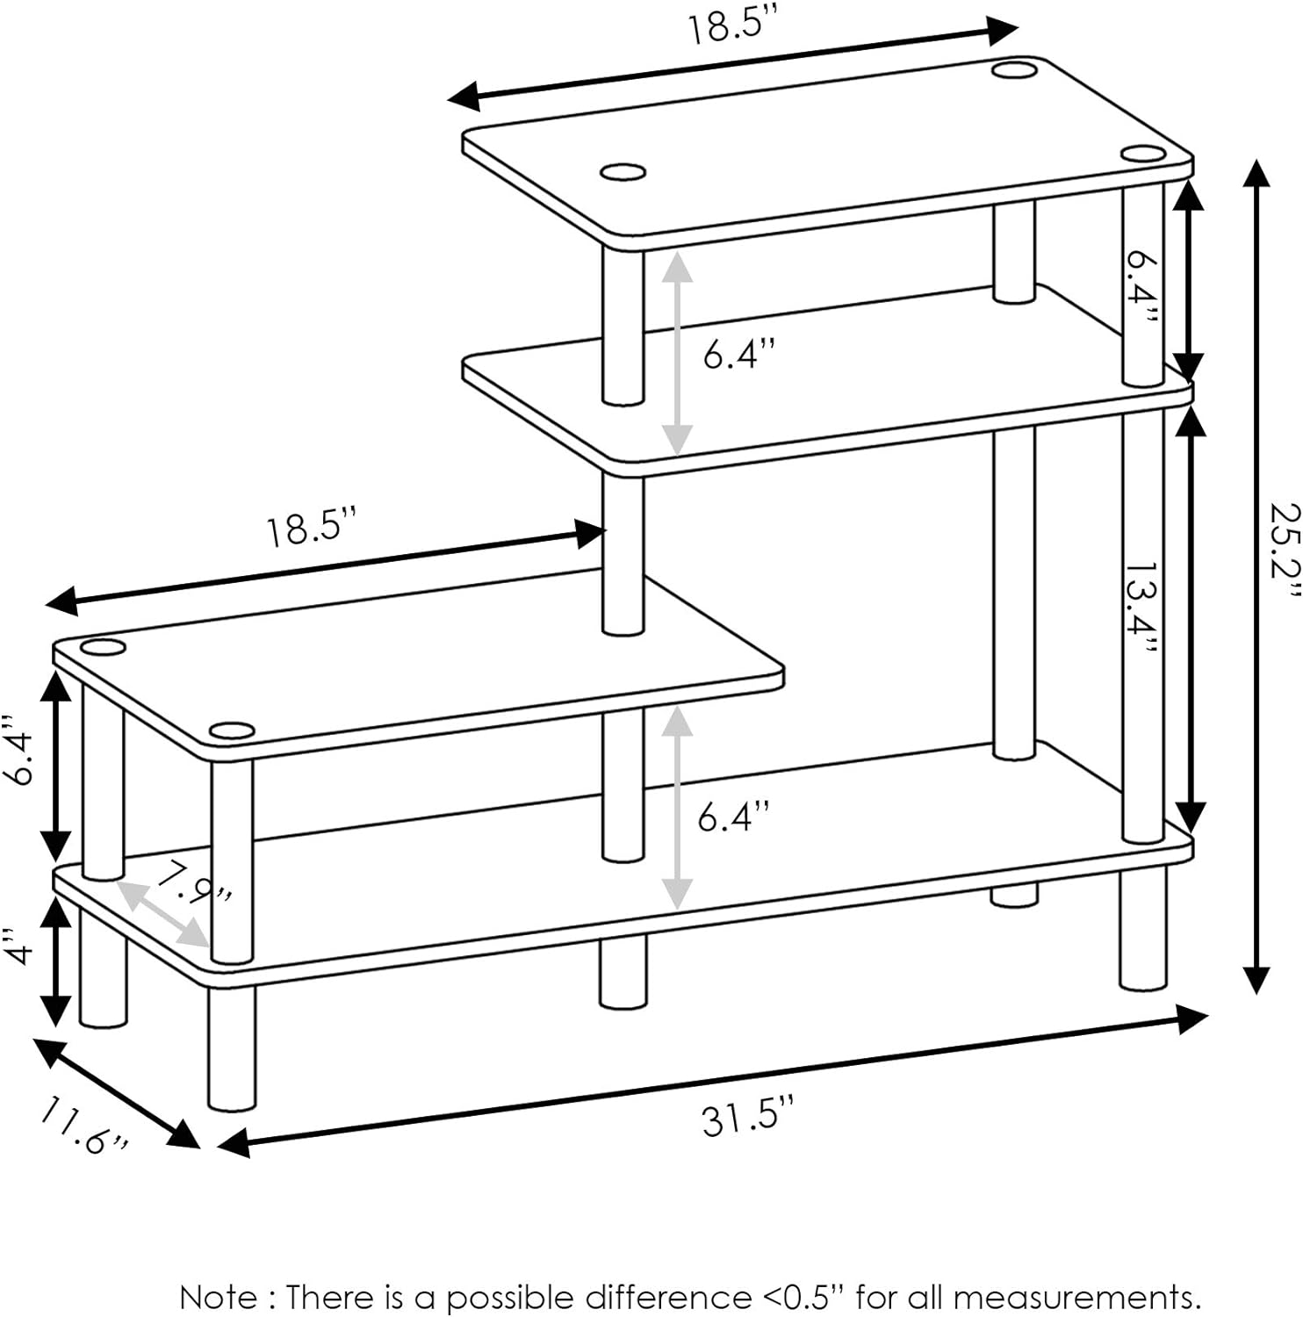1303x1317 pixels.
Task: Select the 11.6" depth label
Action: pyautogui.click(x=83, y=1128)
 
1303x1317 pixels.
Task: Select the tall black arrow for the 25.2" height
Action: pyautogui.click(x=1257, y=576)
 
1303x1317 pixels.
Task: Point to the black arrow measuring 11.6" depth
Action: pyautogui.click(x=117, y=1093)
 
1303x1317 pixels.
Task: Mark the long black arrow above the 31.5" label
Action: pyautogui.click(x=713, y=1082)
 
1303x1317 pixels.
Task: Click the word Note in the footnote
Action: pyautogui.click(x=219, y=1296)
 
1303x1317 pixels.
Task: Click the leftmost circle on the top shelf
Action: pyautogui.click(x=623, y=173)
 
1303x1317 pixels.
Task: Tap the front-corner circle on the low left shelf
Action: pyautogui.click(x=232, y=730)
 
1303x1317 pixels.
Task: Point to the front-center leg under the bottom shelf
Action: pyautogui.click(x=623, y=972)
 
